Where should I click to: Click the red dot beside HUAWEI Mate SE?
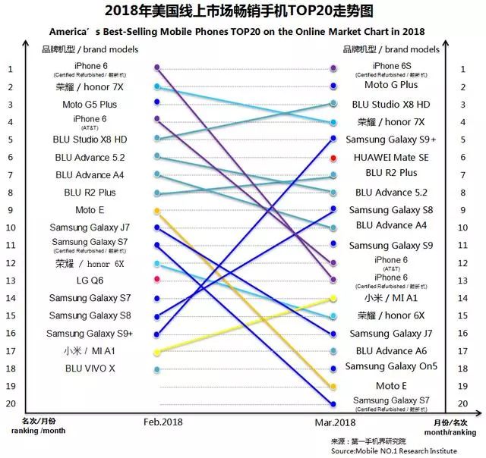[333, 158]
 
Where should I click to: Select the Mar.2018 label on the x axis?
[336, 420]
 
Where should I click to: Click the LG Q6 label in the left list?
[89, 280]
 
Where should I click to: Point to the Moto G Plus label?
[391, 86]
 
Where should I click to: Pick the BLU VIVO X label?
[90, 369]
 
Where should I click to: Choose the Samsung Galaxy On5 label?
[391, 367]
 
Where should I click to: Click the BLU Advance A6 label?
[391, 351]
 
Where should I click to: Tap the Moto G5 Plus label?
[90, 104]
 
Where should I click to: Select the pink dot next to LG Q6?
[156, 280]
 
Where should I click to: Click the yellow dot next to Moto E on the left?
[156, 210]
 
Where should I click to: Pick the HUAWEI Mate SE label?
[391, 157]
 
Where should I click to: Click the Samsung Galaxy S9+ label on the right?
[391, 140]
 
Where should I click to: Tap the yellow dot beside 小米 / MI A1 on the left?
[156, 352]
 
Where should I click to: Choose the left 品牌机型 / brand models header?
[90, 49]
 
